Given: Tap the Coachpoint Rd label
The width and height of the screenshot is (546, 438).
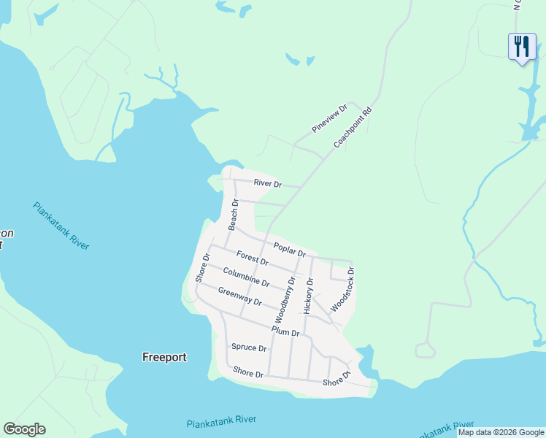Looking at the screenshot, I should tap(353, 128).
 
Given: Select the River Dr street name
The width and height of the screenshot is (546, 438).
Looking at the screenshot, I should tap(267, 183).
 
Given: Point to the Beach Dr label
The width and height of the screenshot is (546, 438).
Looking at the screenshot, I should tap(234, 215).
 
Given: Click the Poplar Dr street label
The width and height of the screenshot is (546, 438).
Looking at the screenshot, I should tap(289, 249).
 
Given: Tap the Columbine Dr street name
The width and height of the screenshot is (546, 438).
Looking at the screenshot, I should tap(246, 277).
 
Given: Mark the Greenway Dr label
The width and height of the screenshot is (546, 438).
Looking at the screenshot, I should tap(239, 296).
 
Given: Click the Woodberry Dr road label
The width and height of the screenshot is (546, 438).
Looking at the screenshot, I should tap(284, 300).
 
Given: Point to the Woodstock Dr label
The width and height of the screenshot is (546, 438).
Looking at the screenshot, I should tap(342, 290).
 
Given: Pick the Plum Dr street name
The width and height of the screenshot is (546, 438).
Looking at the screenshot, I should tap(285, 331).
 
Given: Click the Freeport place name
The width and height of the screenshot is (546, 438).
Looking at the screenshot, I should tap(164, 357).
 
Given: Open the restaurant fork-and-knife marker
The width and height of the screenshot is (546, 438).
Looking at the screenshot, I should tap(522, 47).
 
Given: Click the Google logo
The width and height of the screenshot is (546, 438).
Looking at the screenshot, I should tap(24, 429).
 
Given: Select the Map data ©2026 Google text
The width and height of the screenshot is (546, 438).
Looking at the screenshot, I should tap(501, 432).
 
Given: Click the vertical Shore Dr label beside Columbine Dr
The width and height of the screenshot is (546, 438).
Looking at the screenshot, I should tap(202, 268).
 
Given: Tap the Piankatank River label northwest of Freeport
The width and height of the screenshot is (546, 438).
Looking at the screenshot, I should tap(61, 226).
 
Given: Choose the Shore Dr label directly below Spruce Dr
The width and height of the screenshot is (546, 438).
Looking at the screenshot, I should tap(248, 373).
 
